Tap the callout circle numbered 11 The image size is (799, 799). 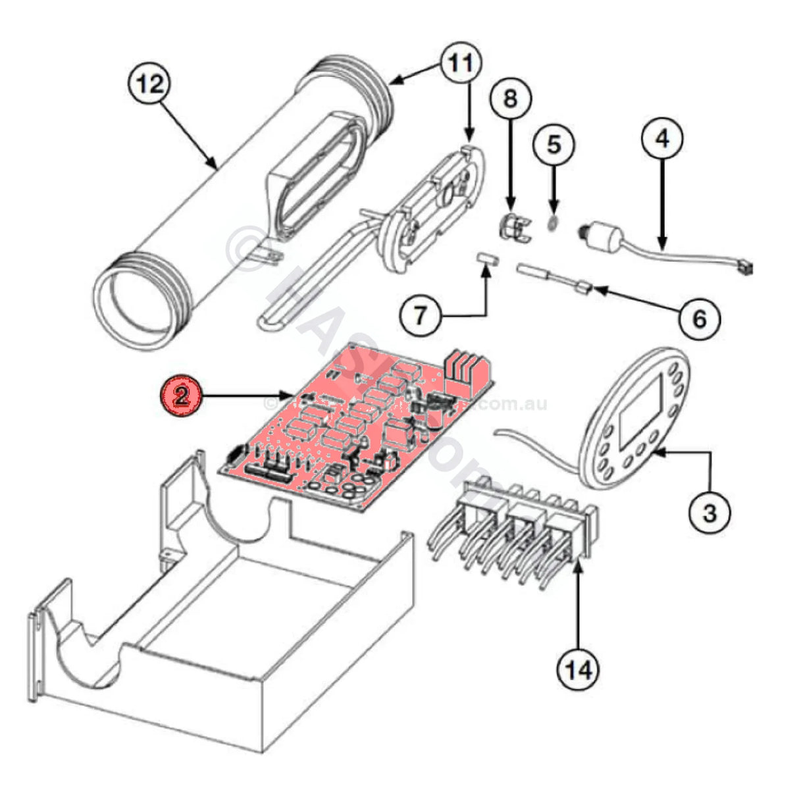click(x=461, y=63)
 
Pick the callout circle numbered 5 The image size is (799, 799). click(x=554, y=144)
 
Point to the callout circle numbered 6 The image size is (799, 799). click(x=699, y=319)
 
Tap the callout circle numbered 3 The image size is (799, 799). click(x=709, y=511)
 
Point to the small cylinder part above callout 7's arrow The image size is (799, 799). click(x=488, y=257)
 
